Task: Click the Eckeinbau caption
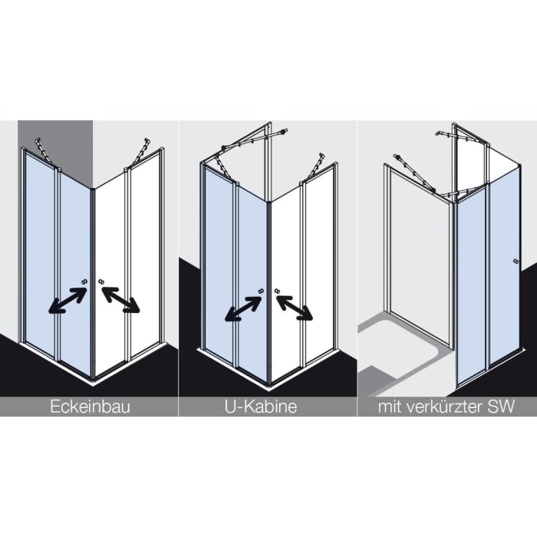pos(90,407)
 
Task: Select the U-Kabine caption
pos(261,407)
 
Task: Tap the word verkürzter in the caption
pos(445,407)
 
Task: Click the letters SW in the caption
pos(503,407)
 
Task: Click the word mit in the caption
pos(389,407)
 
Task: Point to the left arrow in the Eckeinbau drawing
pos(68,301)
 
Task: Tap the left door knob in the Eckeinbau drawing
pos(84,282)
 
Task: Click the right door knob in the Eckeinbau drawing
pos(101,282)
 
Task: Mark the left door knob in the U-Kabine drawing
pos(261,291)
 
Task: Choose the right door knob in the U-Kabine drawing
pos(277,291)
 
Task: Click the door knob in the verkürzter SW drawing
pos(516,262)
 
